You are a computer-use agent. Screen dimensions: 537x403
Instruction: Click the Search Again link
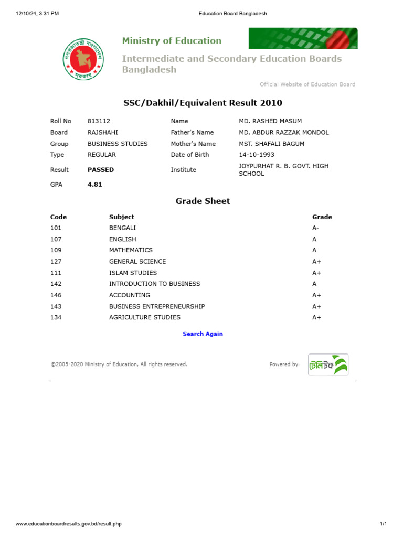point(203,334)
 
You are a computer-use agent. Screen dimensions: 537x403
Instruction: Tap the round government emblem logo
point(83,58)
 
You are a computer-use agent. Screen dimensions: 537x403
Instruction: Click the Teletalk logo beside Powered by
point(328,364)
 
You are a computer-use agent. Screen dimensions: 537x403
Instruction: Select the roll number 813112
point(99,121)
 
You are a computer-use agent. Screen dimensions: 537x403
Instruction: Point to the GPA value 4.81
point(95,185)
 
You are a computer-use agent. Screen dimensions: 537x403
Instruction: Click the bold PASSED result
point(101,170)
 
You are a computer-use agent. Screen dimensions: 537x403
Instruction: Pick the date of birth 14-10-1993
point(257,155)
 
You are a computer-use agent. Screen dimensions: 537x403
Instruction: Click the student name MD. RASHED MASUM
point(270,121)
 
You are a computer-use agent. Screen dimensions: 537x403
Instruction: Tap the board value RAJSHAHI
point(103,133)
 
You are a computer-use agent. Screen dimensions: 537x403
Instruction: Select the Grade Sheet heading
point(203,201)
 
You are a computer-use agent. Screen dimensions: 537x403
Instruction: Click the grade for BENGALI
point(315,228)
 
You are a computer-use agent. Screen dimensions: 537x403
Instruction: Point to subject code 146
point(56,295)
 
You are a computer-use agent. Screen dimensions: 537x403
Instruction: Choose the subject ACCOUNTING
point(130,295)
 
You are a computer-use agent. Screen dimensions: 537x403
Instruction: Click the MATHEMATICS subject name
point(131,250)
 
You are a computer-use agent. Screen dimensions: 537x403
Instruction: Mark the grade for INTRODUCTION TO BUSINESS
point(314,284)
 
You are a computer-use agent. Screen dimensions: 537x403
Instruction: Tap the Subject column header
point(122,217)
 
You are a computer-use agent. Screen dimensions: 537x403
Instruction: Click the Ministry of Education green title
point(172,41)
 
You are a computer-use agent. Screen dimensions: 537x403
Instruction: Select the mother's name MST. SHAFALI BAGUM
point(271,144)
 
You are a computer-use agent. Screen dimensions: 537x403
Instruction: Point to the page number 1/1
point(383,524)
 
